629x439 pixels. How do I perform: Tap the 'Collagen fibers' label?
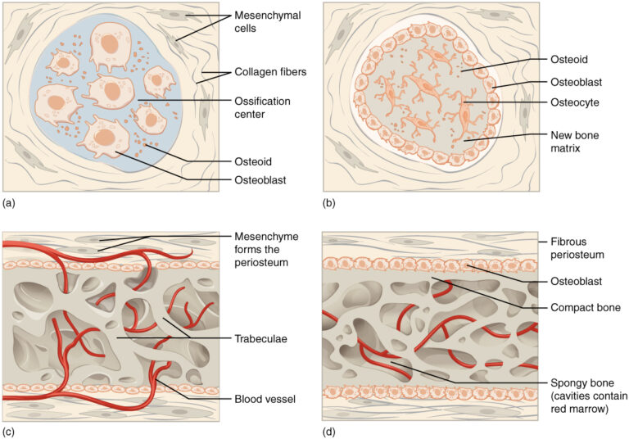click(269, 71)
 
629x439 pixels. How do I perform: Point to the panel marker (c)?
click(9, 430)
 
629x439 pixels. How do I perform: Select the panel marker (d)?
click(329, 430)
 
